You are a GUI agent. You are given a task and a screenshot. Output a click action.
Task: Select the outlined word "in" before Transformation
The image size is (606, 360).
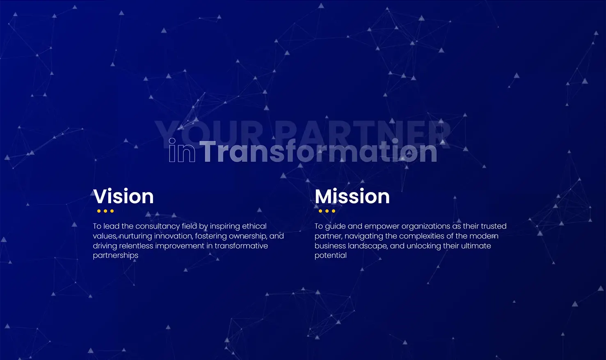pos(182,151)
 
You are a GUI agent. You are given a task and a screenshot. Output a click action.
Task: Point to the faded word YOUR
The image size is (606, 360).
pos(208,134)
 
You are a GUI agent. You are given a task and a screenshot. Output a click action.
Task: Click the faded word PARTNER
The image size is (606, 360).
pos(364,134)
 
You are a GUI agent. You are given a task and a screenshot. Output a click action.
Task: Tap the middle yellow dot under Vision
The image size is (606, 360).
pos(105,211)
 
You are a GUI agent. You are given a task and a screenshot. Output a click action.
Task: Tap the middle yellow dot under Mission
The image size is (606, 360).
pos(327,211)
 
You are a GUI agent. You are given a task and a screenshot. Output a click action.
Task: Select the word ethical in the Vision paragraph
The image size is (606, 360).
pos(254,226)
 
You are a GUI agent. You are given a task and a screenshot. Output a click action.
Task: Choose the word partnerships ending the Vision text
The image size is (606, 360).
pos(116,256)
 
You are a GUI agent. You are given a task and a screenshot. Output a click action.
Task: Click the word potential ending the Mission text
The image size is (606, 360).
pos(331,256)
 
